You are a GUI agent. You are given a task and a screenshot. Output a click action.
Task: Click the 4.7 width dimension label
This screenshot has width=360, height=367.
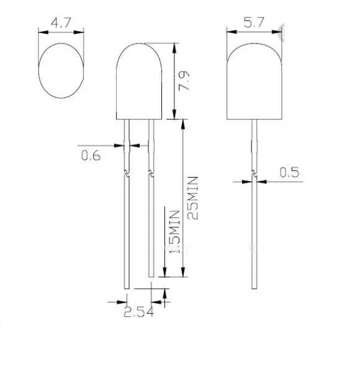pos(61,23)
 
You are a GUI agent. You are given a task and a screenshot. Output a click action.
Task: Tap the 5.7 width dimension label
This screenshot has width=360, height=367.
pos(254,22)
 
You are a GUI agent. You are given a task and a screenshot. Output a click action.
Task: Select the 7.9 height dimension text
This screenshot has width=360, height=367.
pos(184,81)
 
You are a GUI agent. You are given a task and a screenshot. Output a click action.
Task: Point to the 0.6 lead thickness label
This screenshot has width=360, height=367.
pos(91,155)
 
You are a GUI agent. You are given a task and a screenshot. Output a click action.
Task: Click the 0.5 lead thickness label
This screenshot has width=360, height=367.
pos(289,172)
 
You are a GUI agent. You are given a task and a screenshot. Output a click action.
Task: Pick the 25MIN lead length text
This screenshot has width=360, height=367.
pos(193,198)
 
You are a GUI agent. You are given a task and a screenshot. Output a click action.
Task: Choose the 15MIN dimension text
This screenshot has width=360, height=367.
pos(174,232)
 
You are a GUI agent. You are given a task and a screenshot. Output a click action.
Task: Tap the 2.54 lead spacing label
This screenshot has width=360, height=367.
pos(138,312)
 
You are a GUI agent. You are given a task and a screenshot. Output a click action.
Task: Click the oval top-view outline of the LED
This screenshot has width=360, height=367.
pos(38,70)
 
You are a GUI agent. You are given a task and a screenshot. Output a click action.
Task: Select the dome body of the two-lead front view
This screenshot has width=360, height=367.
pos(139,81)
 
